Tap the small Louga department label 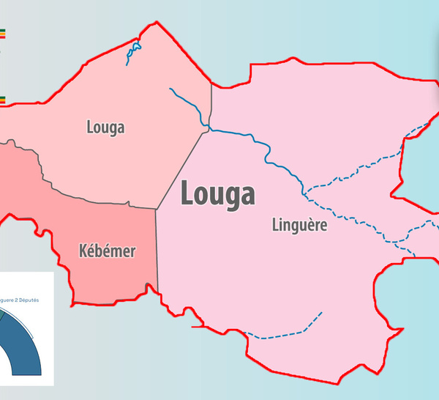click(x=105, y=127)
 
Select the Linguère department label click(x=299, y=226)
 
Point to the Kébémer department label click(x=107, y=252)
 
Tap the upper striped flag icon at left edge click(x=2, y=33)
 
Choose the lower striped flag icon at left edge click(x=2, y=100)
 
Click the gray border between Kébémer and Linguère click(x=157, y=249)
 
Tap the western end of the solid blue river click(x=170, y=89)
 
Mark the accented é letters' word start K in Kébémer click(x=83, y=252)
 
